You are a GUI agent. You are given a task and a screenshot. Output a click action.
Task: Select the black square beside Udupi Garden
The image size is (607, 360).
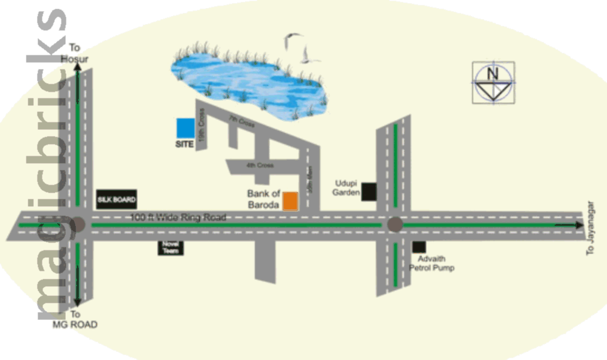[x=369, y=191]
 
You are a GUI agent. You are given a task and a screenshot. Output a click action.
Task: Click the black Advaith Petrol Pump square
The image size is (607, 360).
[x=419, y=247]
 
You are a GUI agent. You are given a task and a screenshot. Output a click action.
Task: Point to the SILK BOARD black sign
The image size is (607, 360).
[x=116, y=199]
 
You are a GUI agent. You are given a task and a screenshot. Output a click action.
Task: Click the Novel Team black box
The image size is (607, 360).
[x=170, y=247]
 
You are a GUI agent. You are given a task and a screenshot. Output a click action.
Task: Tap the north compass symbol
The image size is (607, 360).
[x=493, y=82]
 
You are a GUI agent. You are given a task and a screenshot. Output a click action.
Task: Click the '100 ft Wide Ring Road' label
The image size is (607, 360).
[x=179, y=217]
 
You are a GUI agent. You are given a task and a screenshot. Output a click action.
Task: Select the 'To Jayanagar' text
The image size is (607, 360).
[x=591, y=228]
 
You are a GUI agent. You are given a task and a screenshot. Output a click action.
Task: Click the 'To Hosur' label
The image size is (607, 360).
[x=75, y=53]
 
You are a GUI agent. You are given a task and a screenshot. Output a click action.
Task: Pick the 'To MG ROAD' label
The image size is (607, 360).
[x=75, y=319]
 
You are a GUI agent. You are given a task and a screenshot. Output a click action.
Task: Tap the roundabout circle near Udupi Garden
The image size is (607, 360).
[x=395, y=225]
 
